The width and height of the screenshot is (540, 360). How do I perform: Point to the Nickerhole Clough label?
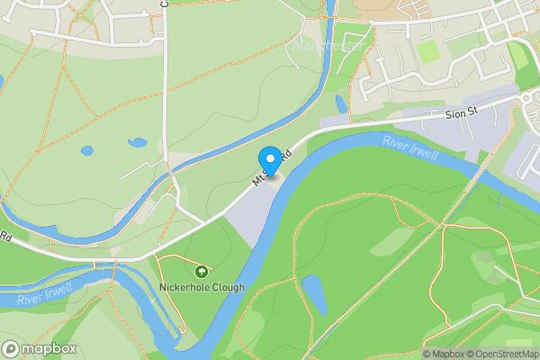(x=202, y=287)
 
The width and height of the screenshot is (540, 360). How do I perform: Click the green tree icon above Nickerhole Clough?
(x=202, y=270)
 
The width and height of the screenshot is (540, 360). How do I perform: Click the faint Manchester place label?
(x=328, y=45)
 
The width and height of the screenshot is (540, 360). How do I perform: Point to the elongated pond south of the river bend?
(x=314, y=294)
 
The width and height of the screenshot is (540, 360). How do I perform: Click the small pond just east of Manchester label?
(x=340, y=103)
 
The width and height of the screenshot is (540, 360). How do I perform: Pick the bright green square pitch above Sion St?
(x=429, y=51)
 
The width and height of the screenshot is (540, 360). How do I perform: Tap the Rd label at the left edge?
(x=4, y=238)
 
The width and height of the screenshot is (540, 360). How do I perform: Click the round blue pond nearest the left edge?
(x=87, y=151)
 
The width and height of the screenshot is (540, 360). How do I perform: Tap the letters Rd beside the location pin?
(x=285, y=155)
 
